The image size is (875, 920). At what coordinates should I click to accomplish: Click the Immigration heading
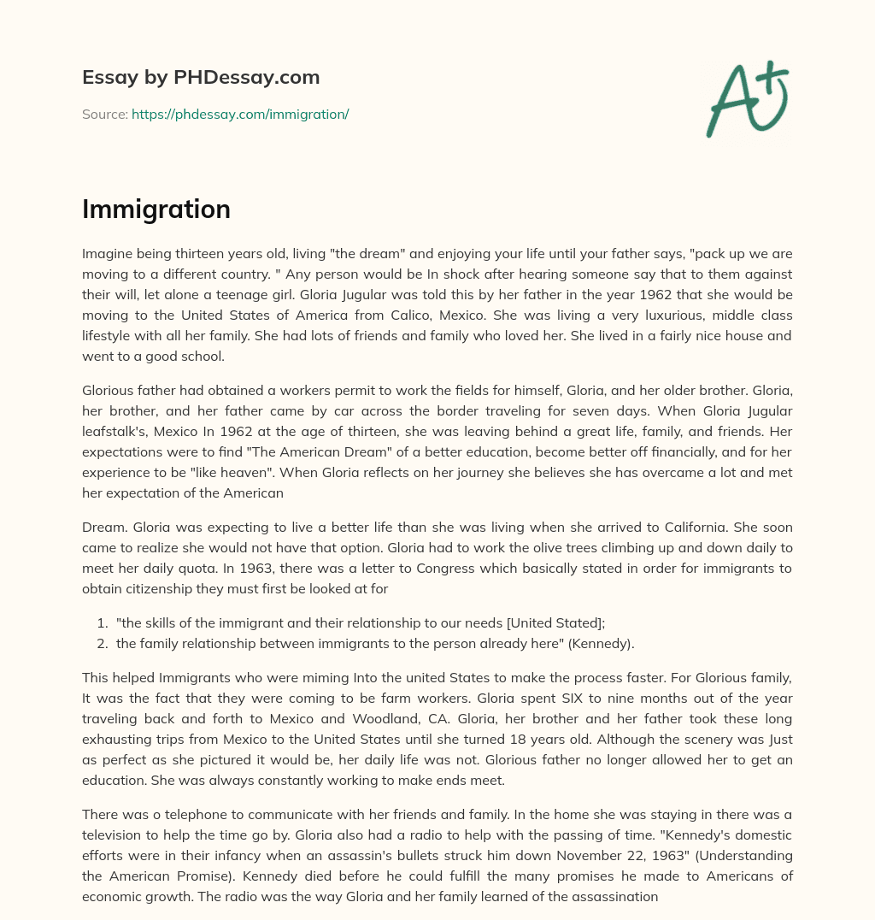coord(156,209)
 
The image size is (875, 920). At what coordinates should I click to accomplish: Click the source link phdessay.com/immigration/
coord(240,114)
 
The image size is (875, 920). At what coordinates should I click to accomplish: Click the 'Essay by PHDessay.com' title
coord(201,78)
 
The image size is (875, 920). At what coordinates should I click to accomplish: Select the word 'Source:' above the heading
coord(104,114)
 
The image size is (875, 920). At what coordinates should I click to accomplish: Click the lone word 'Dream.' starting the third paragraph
coord(103,528)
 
